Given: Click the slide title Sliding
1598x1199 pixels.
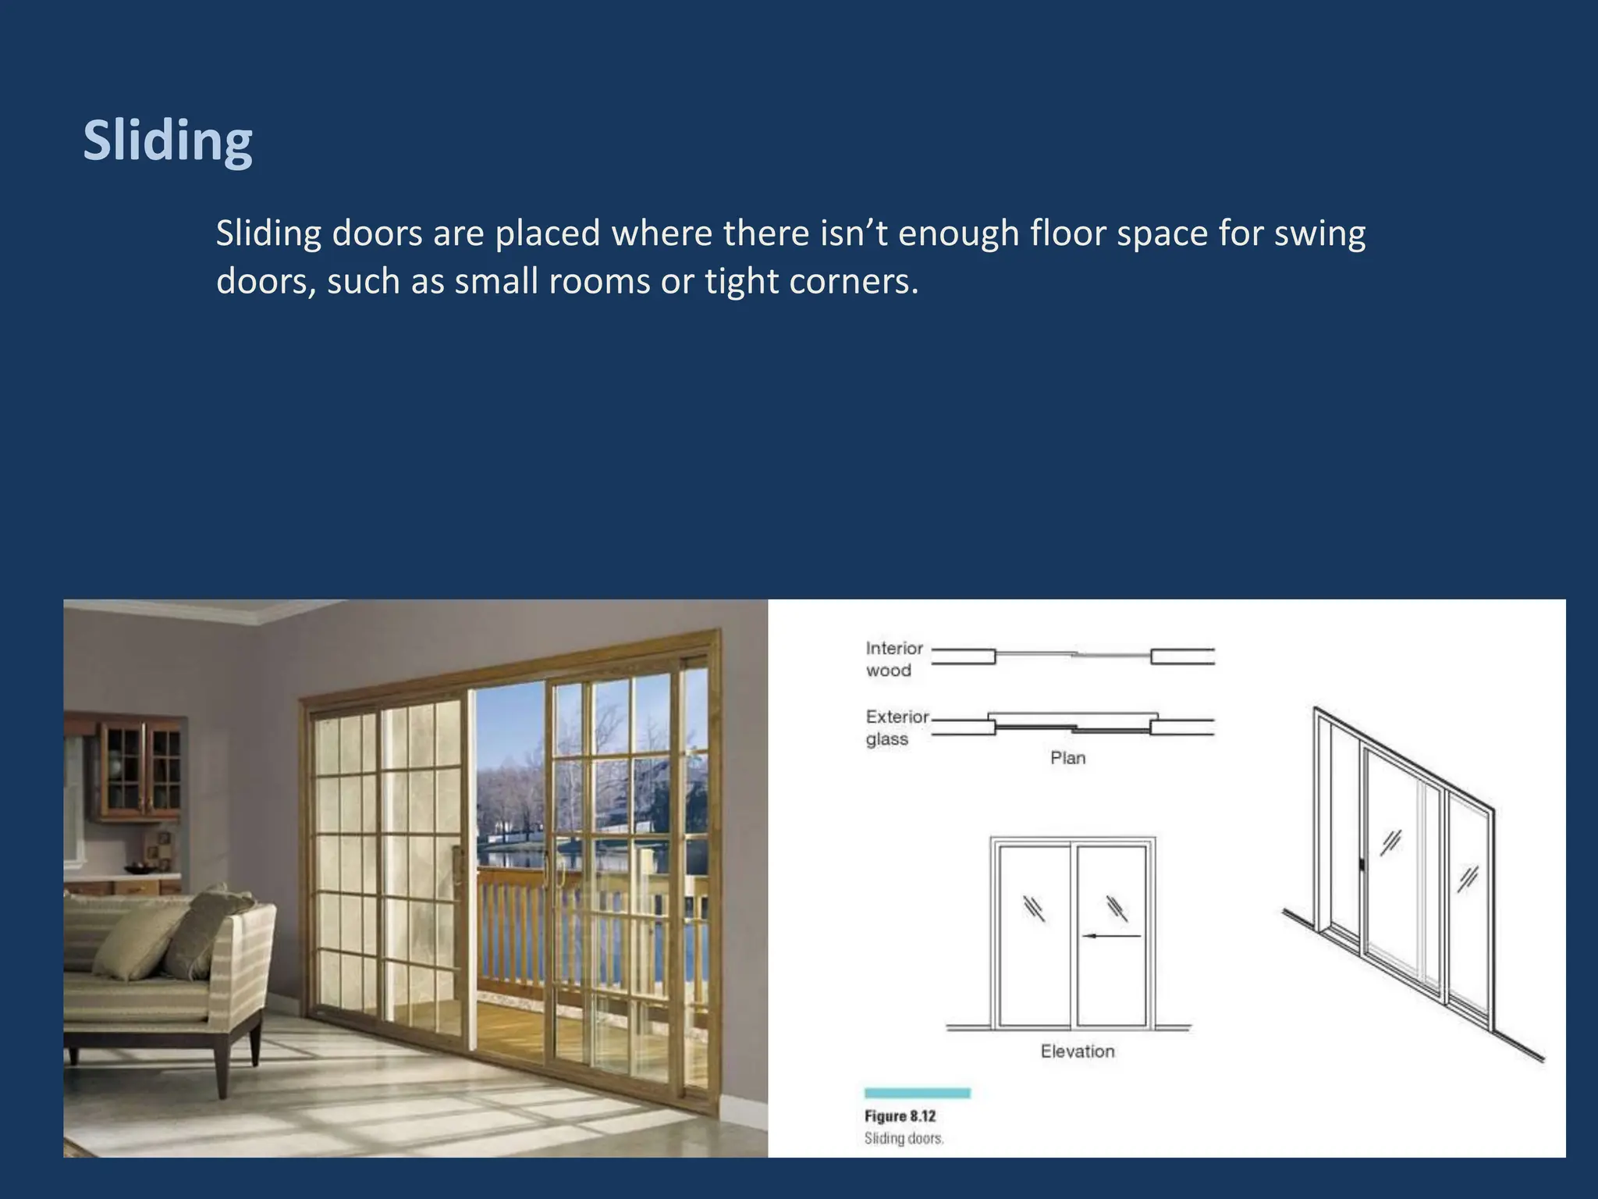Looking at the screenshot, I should tap(168, 141).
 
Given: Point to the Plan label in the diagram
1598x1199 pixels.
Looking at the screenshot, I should tap(1067, 758).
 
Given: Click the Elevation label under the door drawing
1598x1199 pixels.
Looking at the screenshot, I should tap(1077, 1051).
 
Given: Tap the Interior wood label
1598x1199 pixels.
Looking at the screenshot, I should tap(893, 659).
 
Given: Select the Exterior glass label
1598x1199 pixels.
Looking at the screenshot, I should tap(897, 728).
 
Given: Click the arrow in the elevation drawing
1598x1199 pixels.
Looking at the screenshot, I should tap(1112, 935).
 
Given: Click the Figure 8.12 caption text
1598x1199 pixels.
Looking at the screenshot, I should tap(900, 1116).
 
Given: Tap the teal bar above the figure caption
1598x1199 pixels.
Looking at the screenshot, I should tap(917, 1093).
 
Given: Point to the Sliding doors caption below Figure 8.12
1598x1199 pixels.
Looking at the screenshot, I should tap(904, 1139).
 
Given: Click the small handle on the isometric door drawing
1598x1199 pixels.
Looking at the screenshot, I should tap(1362, 864).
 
